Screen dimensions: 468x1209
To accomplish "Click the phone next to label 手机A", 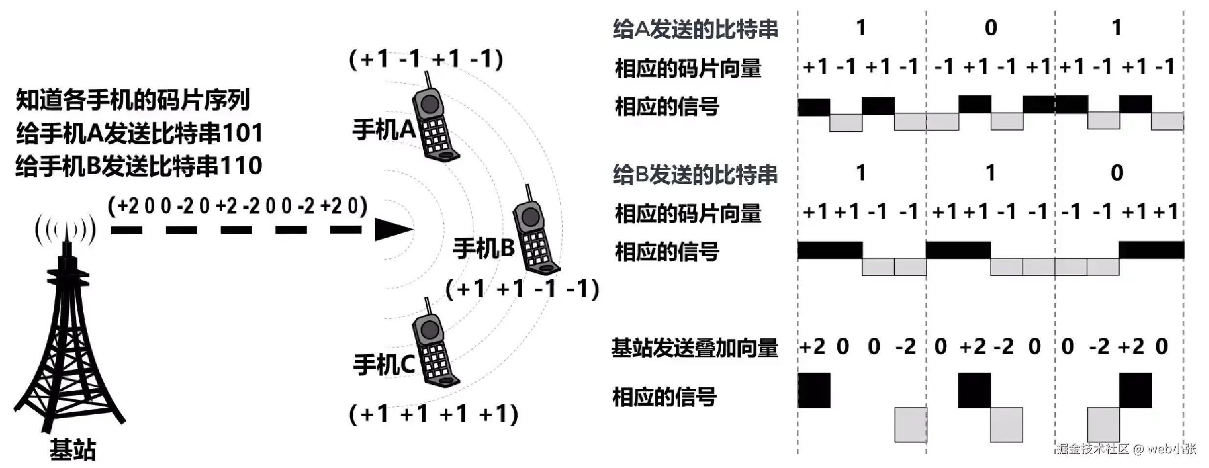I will pos(434,122).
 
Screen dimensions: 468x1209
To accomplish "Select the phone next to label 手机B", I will pos(535,235).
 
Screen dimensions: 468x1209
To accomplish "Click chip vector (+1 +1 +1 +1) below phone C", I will pos(433,414).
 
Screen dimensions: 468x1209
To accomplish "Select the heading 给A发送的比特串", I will pos(695,29).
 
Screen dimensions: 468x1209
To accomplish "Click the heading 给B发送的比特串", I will pos(695,175).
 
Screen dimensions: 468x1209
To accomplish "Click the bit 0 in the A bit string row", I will pos(990,28).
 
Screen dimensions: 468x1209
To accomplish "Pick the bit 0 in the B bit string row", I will pos(1117,173).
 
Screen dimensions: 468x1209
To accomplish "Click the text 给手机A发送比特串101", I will pos(139,133).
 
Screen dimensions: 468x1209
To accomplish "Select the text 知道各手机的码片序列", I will pos(133,100).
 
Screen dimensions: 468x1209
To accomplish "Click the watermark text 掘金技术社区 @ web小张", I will pos(1126,448).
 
